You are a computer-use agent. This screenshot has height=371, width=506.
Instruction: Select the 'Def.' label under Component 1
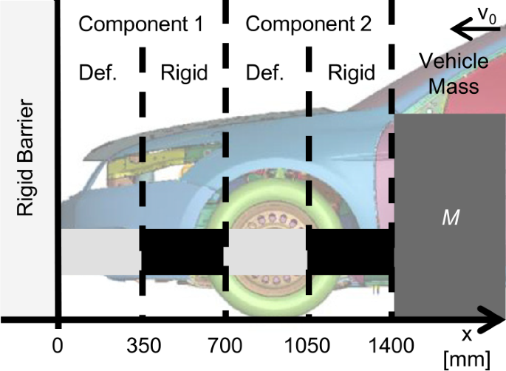pos(98,73)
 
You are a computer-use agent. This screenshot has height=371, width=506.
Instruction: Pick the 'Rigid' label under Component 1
pos(181,73)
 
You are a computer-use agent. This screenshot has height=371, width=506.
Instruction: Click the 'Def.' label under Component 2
pos(264,73)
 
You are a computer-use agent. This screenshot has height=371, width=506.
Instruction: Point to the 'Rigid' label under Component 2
pos(348,73)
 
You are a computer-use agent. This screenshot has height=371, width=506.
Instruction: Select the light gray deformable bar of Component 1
pos(100,252)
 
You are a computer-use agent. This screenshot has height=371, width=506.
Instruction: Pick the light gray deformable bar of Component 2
pos(265,252)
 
